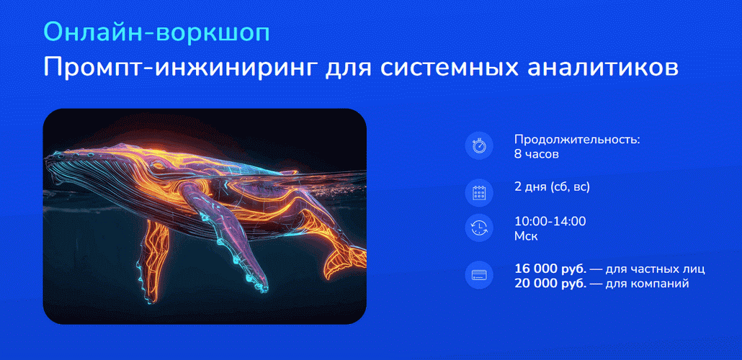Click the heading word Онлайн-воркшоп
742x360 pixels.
[156, 33]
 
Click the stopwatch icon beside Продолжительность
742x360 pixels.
[479, 146]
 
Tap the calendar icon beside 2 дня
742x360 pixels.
[479, 193]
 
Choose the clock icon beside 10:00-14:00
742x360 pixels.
[479, 228]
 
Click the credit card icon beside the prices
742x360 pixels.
[479, 275]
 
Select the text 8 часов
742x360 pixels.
[537, 154]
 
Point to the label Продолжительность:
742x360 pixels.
[577, 140]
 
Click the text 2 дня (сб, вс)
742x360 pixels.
[553, 187]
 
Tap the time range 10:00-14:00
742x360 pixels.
[550, 221]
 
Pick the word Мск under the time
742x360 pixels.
[526, 236]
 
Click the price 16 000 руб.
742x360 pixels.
[550, 269]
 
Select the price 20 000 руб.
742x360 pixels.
[550, 284]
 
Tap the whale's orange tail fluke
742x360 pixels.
[344, 259]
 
